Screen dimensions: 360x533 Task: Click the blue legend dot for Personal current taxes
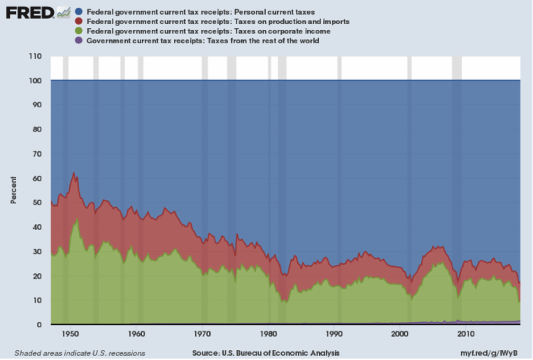(x=79, y=12)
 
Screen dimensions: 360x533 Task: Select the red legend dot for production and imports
(x=79, y=21)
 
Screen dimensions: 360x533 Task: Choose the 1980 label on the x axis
(x=268, y=333)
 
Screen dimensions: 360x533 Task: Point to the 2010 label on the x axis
(x=466, y=333)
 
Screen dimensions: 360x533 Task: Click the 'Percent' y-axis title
(x=13, y=190)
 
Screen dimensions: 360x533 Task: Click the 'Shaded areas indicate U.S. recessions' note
(x=80, y=352)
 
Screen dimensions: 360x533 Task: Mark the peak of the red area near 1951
(x=74, y=173)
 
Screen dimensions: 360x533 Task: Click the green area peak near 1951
(x=76, y=218)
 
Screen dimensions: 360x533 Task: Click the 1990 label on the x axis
(x=334, y=333)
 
